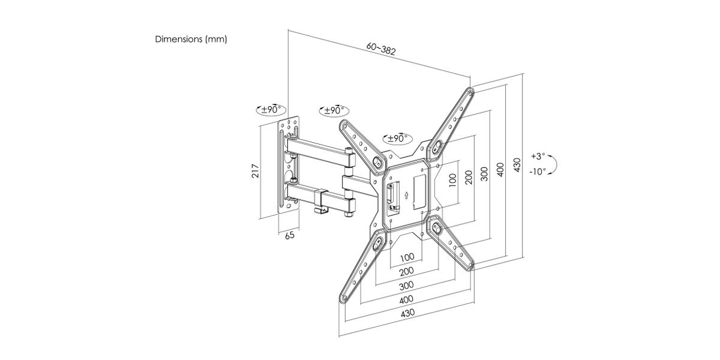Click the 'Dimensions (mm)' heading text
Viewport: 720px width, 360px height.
click(x=191, y=39)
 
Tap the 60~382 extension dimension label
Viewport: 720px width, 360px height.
click(x=381, y=49)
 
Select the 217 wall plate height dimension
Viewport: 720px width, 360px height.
click(x=255, y=170)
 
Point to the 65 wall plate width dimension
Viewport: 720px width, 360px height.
click(x=290, y=235)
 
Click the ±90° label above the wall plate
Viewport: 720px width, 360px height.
click(x=271, y=110)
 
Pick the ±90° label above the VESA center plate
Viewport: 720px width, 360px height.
click(x=398, y=139)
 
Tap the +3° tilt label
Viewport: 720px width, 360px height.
click(x=538, y=156)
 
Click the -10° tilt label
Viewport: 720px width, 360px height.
click(x=538, y=172)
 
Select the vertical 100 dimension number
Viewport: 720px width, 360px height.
click(x=452, y=180)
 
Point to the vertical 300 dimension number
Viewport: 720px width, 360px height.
click(x=484, y=174)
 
